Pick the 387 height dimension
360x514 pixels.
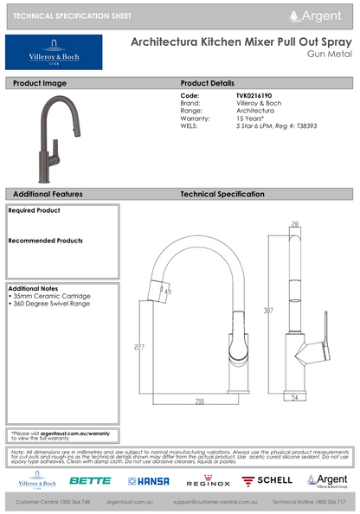pos(269,311)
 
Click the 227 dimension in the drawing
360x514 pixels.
pos(139,348)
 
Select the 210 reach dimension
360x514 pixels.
pos(198,402)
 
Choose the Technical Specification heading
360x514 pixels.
pos(222,194)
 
